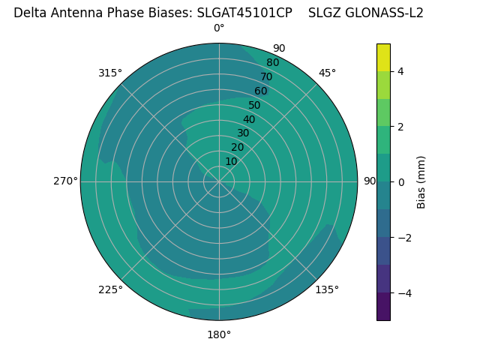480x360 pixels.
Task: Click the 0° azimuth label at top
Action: tap(219, 28)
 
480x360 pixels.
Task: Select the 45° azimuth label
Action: tap(327, 73)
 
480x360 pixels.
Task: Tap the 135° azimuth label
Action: tap(327, 289)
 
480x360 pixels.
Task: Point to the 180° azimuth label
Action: tap(219, 334)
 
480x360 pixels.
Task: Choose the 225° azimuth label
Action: tap(110, 289)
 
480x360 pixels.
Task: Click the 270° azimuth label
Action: tap(65, 181)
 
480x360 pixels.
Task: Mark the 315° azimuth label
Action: tap(110, 73)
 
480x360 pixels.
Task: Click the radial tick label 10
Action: tap(231, 161)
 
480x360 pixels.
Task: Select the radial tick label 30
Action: tap(243, 133)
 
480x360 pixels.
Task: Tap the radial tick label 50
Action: tap(254, 106)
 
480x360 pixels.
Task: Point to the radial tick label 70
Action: tap(266, 76)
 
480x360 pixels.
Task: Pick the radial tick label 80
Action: tap(272, 63)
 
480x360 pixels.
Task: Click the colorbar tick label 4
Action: tap(401, 71)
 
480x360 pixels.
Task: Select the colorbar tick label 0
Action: tap(401, 182)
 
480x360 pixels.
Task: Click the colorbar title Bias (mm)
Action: tap(421, 182)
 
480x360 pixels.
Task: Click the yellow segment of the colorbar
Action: tap(383, 57)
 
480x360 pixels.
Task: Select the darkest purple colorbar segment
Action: tap(383, 307)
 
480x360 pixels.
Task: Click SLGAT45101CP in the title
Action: tap(244, 13)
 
